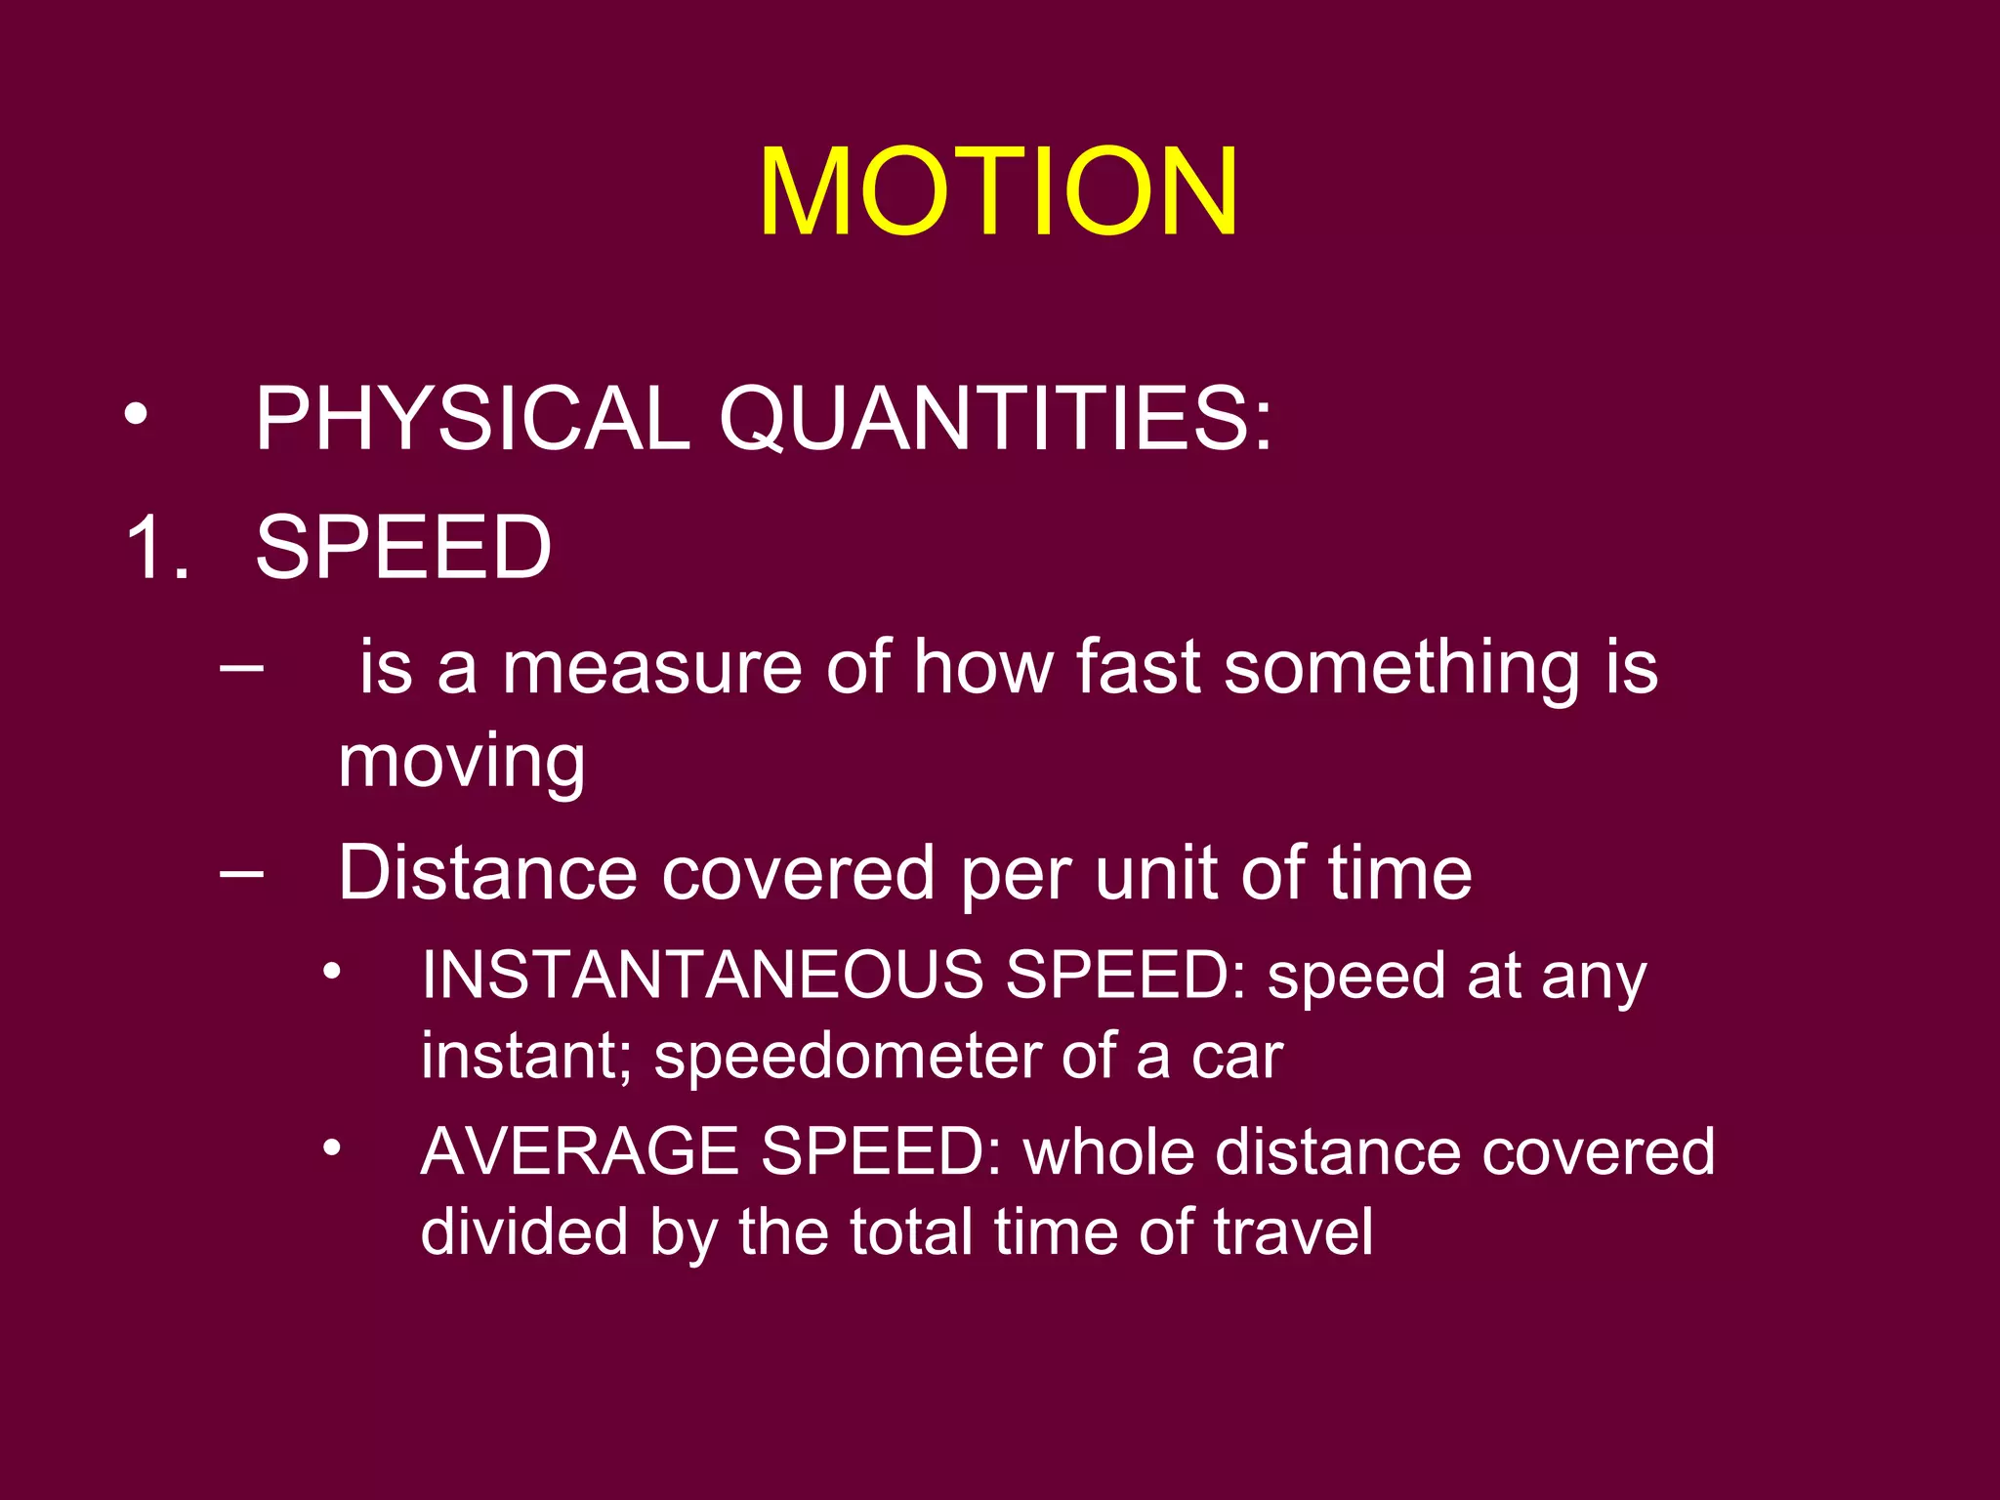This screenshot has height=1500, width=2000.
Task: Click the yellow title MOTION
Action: pos(998,191)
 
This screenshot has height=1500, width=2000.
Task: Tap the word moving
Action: pos(462,763)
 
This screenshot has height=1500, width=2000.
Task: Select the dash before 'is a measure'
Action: pos(241,668)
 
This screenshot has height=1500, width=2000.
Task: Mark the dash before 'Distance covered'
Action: pos(241,872)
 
